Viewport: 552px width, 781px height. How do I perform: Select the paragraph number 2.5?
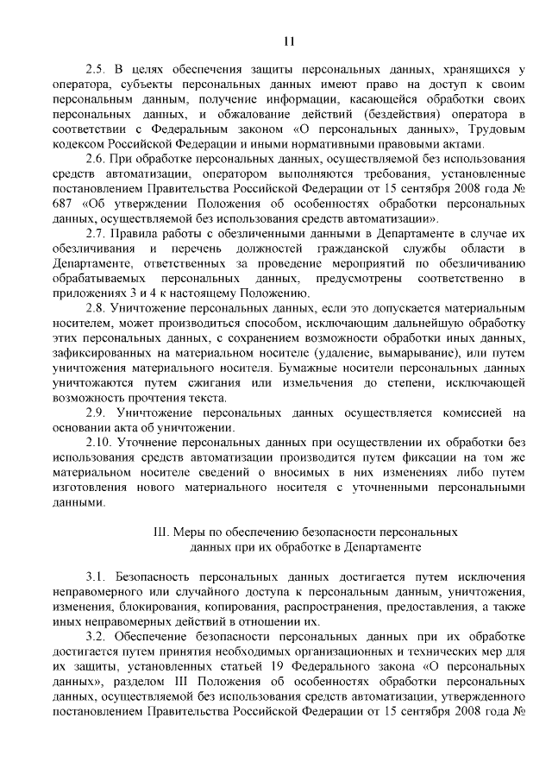(96, 69)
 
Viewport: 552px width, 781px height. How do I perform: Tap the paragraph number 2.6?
(96, 159)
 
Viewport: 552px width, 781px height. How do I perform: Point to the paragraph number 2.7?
(96, 234)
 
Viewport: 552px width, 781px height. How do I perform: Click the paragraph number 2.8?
(96, 308)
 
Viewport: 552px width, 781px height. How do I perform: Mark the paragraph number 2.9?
(96, 413)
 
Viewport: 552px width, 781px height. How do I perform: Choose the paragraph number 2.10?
(99, 444)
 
